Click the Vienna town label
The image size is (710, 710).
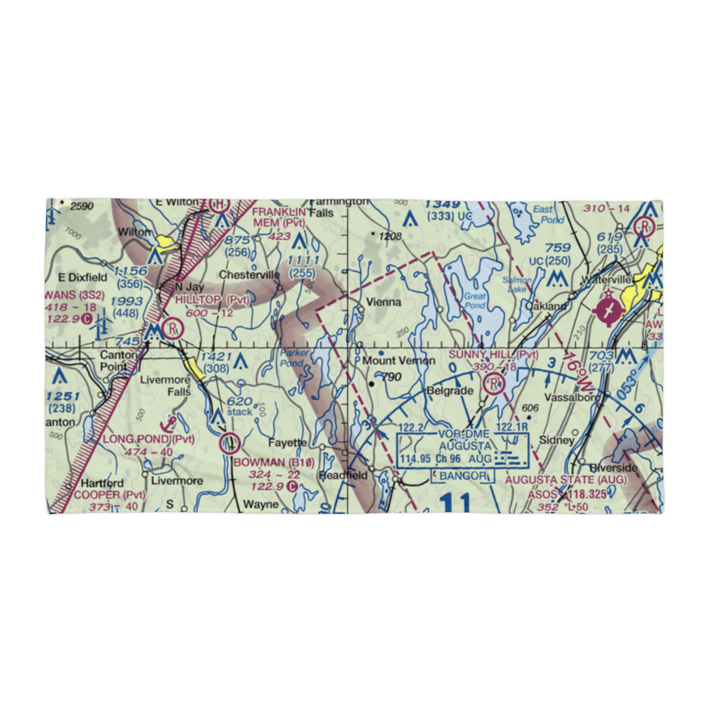(383, 302)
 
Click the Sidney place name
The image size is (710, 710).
(556, 440)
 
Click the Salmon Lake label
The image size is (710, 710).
(517, 285)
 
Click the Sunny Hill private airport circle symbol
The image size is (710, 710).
(493, 385)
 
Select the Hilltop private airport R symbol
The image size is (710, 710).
(171, 329)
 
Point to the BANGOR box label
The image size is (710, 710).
(462, 475)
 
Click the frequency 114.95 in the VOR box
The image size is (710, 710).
(416, 459)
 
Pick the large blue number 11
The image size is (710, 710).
(454, 504)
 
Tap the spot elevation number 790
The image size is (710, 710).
(391, 377)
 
